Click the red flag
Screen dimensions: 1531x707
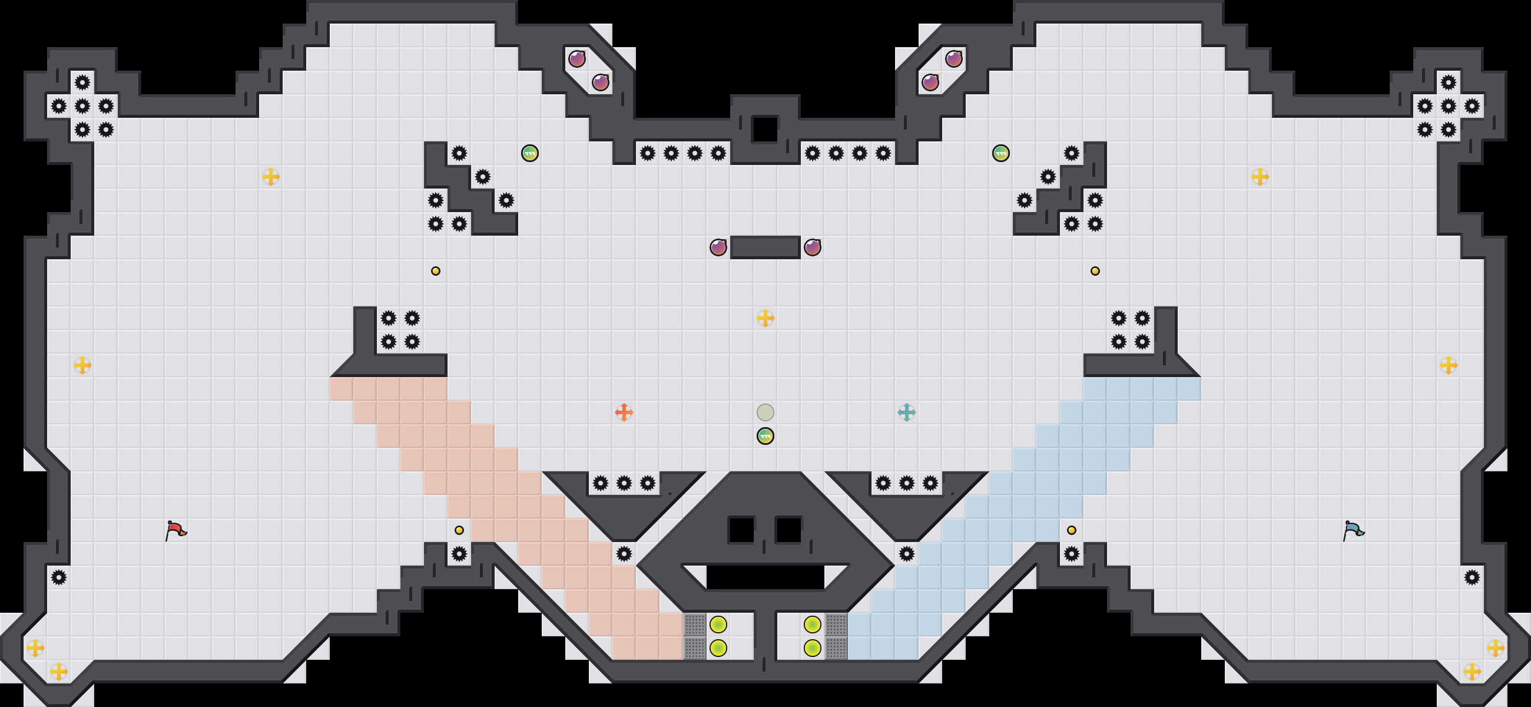click(x=176, y=530)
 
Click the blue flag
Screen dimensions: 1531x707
click(x=1353, y=530)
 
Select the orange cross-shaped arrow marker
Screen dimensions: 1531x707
click(x=624, y=412)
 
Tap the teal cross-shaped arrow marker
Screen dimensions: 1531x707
click(x=906, y=412)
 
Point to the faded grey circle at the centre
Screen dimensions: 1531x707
click(x=765, y=412)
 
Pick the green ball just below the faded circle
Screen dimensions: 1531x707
click(x=765, y=436)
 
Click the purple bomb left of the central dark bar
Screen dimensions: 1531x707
click(x=718, y=247)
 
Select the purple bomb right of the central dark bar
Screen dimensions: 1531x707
click(x=812, y=247)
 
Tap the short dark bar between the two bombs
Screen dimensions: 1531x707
click(x=765, y=247)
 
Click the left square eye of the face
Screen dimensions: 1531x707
click(x=741, y=530)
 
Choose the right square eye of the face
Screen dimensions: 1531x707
click(x=788, y=530)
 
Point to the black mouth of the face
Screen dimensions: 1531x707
click(x=765, y=577)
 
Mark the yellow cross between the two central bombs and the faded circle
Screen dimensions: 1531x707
click(x=765, y=318)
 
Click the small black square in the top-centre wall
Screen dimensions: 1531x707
click(x=765, y=129)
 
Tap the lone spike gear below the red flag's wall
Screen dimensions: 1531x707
click(x=58, y=577)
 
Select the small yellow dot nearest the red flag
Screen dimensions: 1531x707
click(x=459, y=530)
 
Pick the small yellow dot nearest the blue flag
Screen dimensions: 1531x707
click(x=1071, y=530)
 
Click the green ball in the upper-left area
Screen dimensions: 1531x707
click(x=529, y=153)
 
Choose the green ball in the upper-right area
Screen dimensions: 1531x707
click(x=1001, y=153)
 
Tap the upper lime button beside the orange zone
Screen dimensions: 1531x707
click(x=718, y=625)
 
